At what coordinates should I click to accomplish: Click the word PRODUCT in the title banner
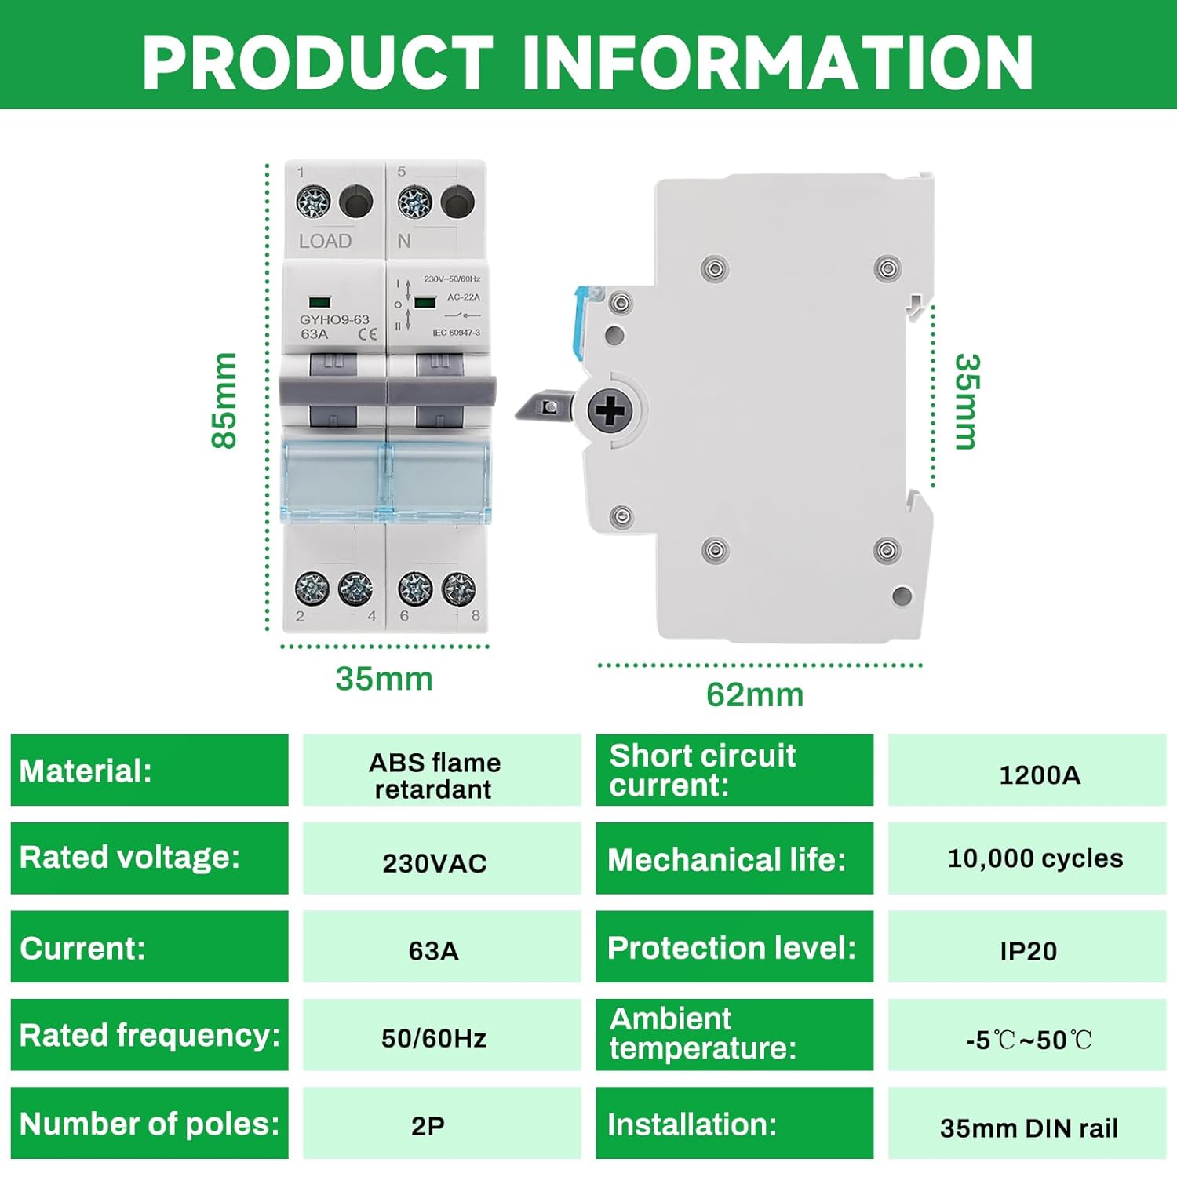317,63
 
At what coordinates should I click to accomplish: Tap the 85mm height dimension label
224,400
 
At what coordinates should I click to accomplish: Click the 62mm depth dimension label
754,694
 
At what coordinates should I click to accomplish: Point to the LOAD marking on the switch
325,241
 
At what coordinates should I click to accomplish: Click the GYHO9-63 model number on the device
334,319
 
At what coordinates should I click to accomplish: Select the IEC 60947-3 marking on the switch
456,333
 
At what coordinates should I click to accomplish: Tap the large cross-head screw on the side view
610,410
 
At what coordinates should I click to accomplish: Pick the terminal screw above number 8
458,588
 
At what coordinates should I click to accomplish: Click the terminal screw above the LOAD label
313,202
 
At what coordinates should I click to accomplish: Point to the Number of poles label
149,1123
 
